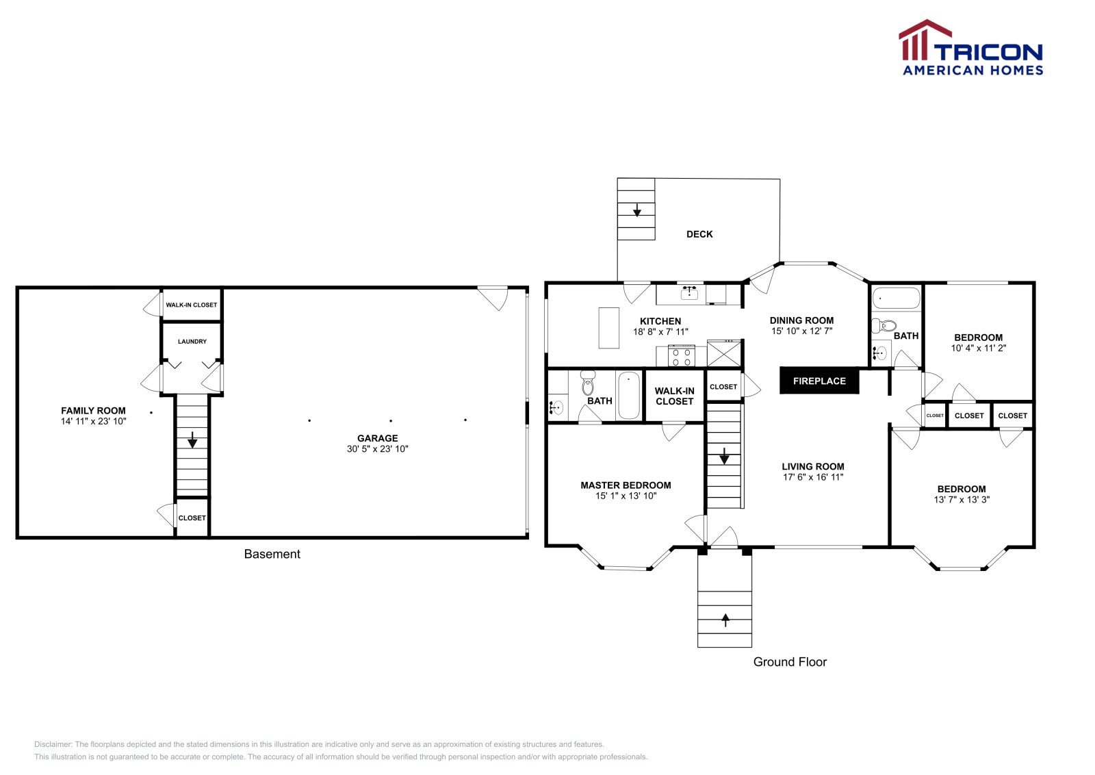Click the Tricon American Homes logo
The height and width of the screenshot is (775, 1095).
click(970, 48)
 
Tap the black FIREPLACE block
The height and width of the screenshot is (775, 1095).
click(819, 381)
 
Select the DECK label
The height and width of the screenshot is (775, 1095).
click(699, 234)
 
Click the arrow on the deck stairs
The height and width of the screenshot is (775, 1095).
click(636, 209)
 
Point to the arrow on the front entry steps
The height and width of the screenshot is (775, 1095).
click(725, 620)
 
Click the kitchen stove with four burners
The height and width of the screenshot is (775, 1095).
click(681, 357)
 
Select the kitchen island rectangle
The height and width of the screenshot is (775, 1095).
click(608, 328)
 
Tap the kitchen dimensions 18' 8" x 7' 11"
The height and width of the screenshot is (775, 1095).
click(660, 332)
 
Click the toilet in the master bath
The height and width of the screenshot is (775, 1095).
click(587, 383)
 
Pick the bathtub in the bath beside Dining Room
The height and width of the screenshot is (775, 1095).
click(897, 298)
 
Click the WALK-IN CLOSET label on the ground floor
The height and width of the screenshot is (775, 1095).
click(674, 396)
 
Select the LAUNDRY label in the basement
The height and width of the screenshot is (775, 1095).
click(192, 342)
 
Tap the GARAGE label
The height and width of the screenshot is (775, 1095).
click(377, 438)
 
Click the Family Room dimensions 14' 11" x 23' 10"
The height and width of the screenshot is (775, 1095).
click(94, 422)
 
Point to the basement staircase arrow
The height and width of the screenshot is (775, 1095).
click(192, 440)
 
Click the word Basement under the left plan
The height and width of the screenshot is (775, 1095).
click(272, 555)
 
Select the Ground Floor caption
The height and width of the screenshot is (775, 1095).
click(790, 662)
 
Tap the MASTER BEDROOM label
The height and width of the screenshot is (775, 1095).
click(626, 485)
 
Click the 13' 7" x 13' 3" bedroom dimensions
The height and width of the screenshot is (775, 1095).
click(962, 500)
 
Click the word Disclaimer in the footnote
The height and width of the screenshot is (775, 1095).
click(53, 744)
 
